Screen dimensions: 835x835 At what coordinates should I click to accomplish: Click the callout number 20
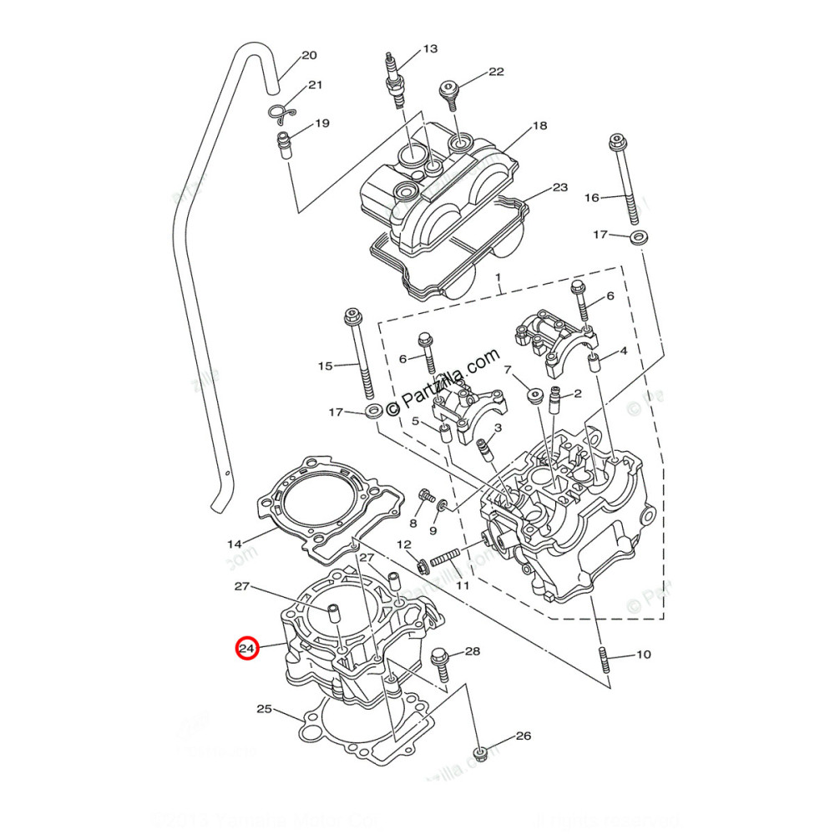(x=309, y=56)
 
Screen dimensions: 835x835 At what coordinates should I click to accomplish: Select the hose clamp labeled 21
(x=281, y=111)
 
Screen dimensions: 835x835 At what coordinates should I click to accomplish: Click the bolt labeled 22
(x=452, y=94)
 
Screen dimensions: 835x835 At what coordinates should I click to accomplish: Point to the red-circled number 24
(x=246, y=648)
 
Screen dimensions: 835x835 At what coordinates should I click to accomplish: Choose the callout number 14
(x=235, y=544)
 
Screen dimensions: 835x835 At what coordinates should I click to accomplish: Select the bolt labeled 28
(x=440, y=666)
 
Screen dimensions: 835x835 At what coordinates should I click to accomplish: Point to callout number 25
(x=264, y=710)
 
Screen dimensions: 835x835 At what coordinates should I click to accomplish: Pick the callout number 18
(x=539, y=126)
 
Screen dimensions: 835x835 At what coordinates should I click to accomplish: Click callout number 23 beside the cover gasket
(x=559, y=188)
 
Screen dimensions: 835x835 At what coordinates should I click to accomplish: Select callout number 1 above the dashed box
(x=497, y=276)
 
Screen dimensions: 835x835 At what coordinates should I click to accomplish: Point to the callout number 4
(x=622, y=352)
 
